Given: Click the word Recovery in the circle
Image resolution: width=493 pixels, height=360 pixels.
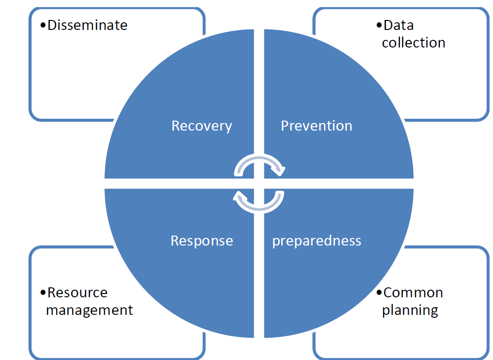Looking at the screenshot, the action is pos(202,126).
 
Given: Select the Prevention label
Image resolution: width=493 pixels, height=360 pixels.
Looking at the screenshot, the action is pos(316,126).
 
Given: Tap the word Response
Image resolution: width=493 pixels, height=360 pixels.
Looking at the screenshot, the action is pos(202,241).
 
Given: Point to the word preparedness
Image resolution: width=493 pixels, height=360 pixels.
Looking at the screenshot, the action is pos(317,241).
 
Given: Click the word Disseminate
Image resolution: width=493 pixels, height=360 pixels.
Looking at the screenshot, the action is pos(87,25).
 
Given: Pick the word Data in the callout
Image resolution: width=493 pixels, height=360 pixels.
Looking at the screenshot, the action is pos(398,25).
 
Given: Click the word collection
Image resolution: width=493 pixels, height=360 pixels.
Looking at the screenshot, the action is pos(414,43).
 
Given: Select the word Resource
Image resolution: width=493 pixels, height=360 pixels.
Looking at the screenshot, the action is pos(77,293).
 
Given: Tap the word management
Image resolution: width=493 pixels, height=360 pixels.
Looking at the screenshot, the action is pos(89,310).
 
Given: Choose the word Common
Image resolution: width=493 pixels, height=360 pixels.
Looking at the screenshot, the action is pos(413,293).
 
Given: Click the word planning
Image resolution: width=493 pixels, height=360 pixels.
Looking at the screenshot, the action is pos(410,310).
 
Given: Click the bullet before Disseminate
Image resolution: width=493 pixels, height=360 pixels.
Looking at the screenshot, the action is pos(43,26).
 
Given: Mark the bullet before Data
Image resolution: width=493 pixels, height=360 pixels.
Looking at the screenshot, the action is pos(379,26).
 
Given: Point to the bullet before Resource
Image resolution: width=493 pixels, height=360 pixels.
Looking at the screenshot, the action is pos(43,293).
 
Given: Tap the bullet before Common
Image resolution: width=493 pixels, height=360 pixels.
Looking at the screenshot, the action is pos(379,293).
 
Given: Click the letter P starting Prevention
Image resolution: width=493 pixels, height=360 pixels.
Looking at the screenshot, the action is pos(285,126).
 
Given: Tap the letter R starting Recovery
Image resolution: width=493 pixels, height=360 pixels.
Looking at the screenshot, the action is pos(176,126).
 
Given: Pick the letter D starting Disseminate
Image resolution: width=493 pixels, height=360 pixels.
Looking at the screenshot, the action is pos(52,25).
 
